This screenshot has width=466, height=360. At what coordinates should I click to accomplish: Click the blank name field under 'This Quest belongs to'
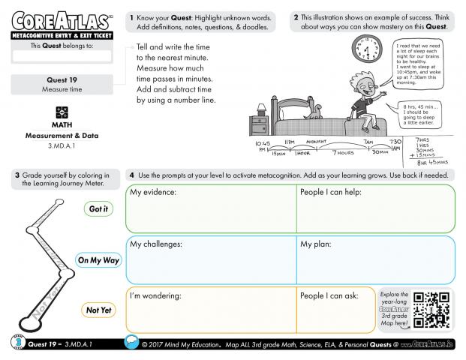coord(62,55)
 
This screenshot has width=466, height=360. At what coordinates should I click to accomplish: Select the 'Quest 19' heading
coord(62,79)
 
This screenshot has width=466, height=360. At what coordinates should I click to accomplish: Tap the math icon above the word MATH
coord(62,111)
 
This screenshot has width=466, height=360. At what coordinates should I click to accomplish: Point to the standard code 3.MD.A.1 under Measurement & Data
coord(62,145)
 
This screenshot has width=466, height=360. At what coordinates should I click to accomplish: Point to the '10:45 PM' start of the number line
coord(263,146)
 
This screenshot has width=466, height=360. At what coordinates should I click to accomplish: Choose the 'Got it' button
coord(98,209)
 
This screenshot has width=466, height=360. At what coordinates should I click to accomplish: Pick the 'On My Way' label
coord(98,260)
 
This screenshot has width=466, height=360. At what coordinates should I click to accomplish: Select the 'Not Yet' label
coord(98,309)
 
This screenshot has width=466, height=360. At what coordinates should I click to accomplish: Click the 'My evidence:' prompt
coord(153,193)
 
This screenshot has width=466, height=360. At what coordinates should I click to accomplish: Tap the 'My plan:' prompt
coord(316,244)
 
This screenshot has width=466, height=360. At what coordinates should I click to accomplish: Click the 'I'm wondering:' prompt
coord(156,296)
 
